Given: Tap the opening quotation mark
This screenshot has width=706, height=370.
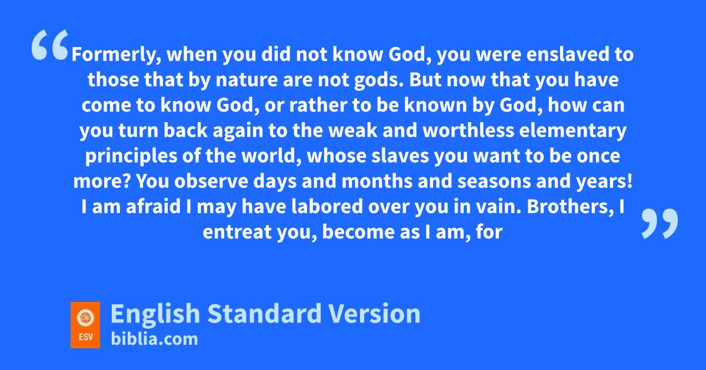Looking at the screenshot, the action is (50, 45).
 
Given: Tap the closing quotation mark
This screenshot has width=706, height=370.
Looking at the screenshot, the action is (660, 223).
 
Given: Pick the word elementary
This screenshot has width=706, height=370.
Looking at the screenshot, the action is (572, 131).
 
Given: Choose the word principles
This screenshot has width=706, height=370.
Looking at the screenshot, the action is (131, 156).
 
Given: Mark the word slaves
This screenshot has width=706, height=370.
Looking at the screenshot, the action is (400, 156).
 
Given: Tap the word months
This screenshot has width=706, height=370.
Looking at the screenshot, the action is (377, 181).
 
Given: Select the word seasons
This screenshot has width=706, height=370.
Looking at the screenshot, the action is (494, 182).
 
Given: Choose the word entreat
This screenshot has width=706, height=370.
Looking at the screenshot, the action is (237, 232).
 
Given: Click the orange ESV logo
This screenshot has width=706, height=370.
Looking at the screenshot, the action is (85, 325).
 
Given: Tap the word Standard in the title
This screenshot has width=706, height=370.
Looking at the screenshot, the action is (264, 314).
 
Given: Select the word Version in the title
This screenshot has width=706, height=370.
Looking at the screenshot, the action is (374, 314).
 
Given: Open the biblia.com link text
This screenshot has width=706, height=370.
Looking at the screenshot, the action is (154, 339).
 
